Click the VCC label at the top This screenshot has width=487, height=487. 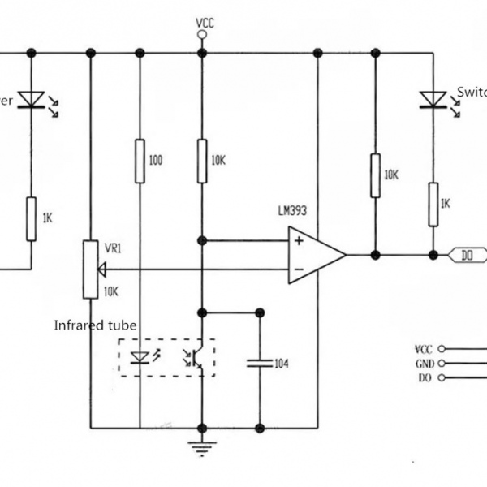[205, 22]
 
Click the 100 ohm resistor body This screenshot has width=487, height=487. [140, 161]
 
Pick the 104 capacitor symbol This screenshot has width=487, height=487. [260, 364]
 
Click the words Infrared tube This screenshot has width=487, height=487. [95, 325]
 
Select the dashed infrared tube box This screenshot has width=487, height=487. [166, 357]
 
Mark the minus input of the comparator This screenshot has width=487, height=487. [299, 269]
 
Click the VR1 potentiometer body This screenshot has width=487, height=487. [90, 269]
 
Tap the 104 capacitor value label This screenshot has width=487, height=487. [282, 364]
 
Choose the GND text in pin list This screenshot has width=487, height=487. [425, 364]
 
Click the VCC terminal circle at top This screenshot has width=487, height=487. [202, 35]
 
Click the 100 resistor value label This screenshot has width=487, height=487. [156, 161]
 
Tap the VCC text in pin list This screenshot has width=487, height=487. [425, 349]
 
